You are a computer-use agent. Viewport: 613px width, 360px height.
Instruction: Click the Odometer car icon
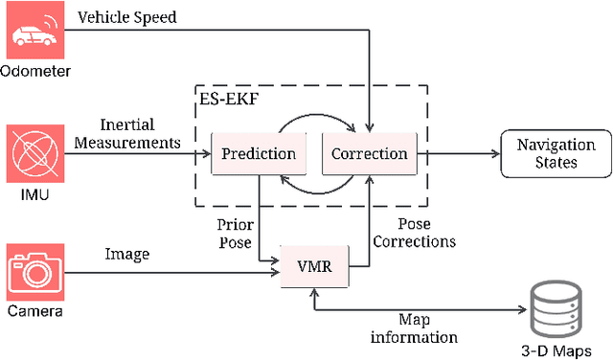(35, 33)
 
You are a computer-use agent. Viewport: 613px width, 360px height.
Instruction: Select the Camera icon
(35, 272)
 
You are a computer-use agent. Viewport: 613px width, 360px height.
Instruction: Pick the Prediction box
(258, 153)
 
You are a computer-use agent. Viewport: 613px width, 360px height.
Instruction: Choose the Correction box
(368, 153)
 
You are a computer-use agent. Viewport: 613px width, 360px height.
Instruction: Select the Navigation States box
(556, 153)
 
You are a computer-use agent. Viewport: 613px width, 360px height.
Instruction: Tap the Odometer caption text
(34, 70)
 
